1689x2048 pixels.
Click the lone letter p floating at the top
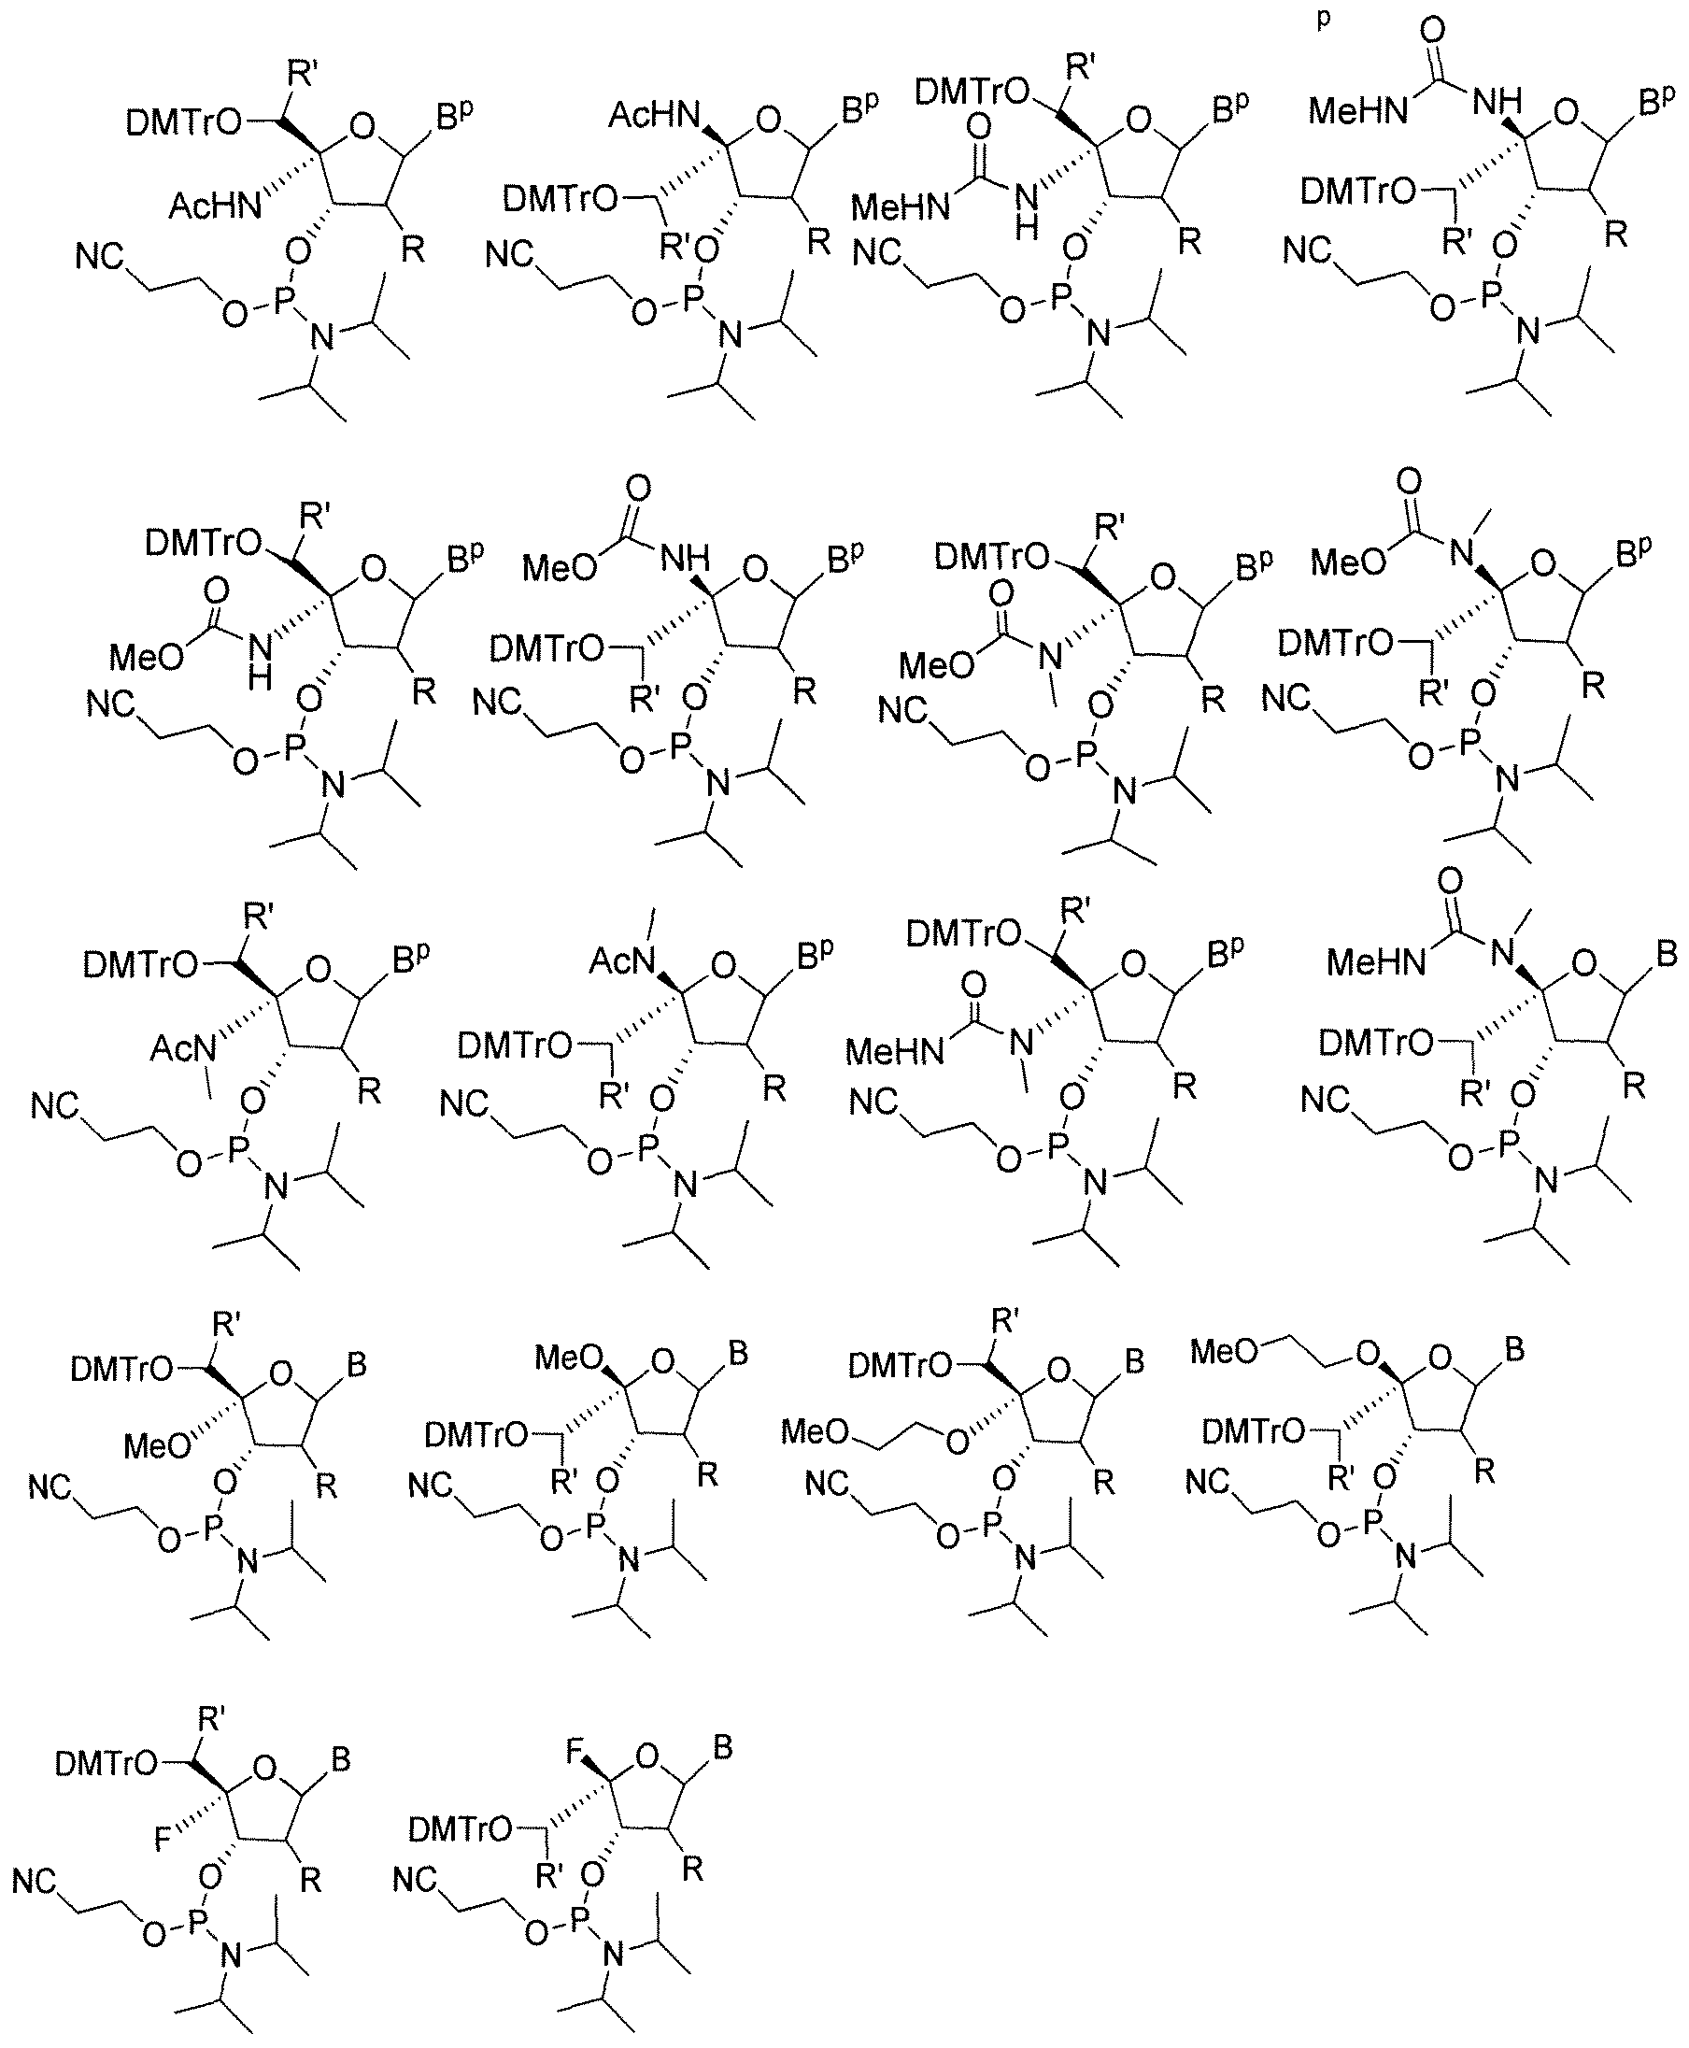click(1323, 21)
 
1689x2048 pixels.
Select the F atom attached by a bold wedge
click(575, 1753)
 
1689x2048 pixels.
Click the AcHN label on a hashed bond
click(215, 206)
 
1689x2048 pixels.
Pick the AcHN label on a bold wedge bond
click(655, 116)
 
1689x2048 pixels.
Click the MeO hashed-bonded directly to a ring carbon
click(157, 1445)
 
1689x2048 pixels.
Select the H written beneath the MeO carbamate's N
click(259, 677)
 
